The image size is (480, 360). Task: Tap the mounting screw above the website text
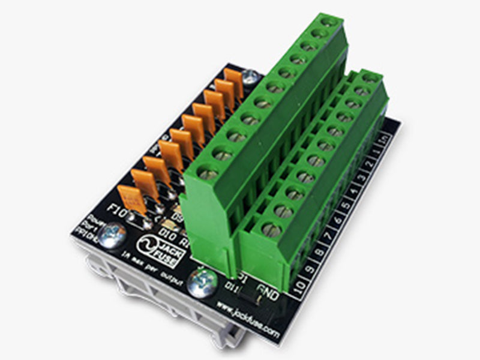click(x=202, y=280)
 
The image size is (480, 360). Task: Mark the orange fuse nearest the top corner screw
click(x=234, y=82)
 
